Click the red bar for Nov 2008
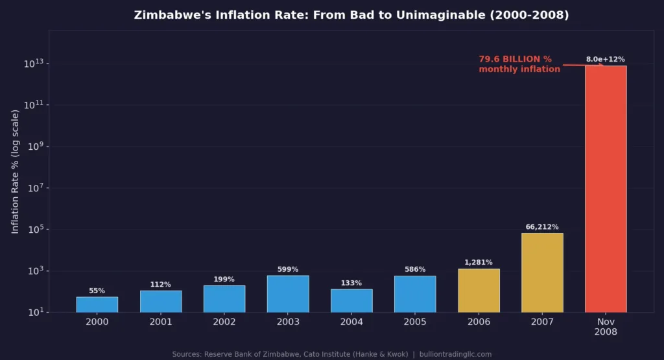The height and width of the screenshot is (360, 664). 606,189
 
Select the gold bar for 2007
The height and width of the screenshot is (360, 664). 542,272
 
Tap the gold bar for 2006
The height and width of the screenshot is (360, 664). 479,291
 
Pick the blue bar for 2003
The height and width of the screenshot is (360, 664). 288,294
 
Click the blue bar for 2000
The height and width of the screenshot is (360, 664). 97,304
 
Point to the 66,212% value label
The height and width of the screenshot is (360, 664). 542,227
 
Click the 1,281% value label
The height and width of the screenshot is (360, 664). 479,263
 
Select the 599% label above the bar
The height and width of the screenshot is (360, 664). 288,269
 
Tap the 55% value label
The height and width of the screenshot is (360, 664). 97,291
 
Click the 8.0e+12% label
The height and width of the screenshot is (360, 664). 606,59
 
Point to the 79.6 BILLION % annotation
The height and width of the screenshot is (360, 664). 519,64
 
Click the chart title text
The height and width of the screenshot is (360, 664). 351,15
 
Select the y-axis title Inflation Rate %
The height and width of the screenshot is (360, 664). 16,172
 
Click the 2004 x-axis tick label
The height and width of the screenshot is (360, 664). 351,322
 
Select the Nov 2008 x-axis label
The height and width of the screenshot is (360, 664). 606,326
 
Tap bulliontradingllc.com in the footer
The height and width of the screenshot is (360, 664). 455,354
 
